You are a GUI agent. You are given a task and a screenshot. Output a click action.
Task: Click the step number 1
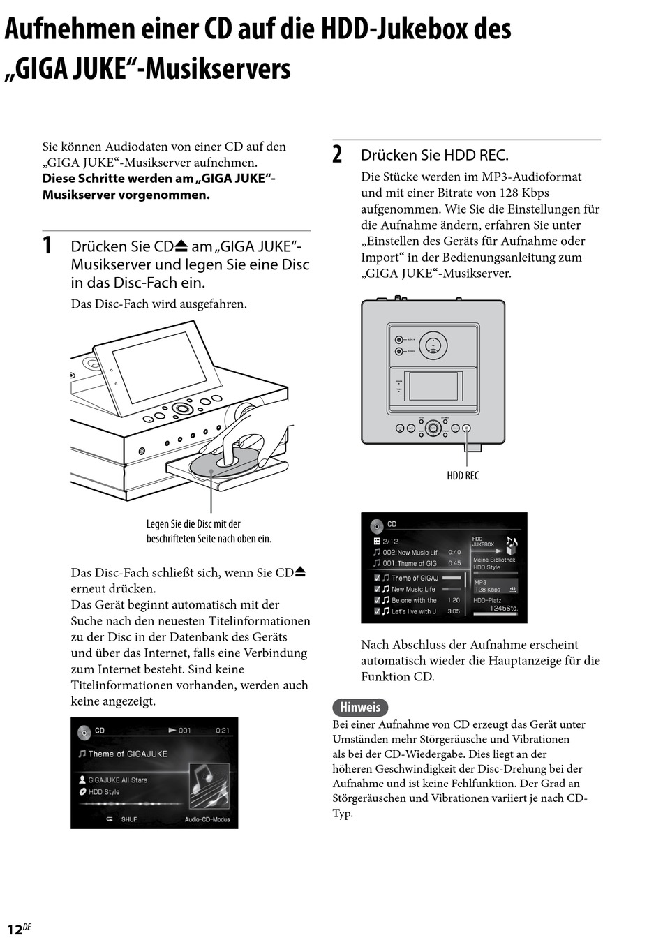47,246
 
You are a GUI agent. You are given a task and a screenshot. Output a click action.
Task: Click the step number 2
337,155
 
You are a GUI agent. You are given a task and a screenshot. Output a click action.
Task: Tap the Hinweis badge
360,707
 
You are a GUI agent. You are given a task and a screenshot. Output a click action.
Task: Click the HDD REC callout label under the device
463,475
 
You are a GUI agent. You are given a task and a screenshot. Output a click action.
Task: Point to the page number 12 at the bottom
15,930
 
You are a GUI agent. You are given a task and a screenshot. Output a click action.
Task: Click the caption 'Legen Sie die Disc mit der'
193,524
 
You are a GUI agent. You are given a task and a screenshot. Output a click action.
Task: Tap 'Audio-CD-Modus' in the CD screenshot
207,819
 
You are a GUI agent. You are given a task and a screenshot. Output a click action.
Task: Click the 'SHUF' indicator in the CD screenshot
129,819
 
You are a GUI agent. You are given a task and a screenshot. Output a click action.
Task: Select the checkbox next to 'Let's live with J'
377,611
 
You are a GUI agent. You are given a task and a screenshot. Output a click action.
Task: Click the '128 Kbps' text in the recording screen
488,590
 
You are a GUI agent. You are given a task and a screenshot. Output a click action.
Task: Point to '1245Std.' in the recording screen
503,608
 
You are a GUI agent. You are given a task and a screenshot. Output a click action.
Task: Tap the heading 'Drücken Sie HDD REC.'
434,155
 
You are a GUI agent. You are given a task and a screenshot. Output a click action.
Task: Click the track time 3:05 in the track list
454,611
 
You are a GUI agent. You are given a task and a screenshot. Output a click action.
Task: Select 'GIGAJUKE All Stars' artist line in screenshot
117,780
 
